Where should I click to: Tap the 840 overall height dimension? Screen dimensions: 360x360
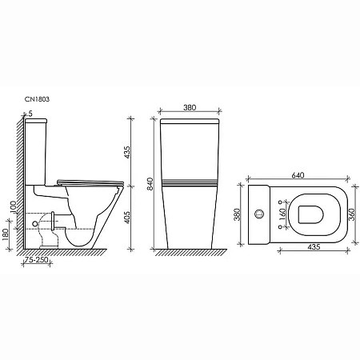(140, 185)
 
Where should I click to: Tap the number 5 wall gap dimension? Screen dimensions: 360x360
(30, 114)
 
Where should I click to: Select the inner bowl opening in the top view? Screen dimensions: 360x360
(310, 214)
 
